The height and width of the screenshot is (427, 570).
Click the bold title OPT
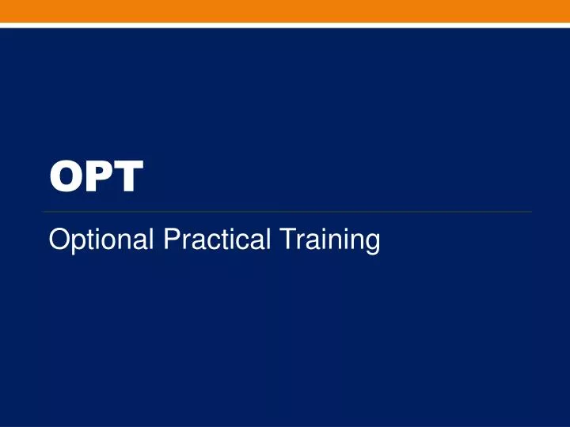96,176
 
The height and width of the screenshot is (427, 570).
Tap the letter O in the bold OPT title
65,176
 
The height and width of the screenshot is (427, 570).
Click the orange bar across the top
285,11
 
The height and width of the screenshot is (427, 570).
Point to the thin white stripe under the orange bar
285,25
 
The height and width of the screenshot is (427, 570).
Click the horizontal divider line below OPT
285,212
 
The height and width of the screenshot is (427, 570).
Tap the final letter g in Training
371,242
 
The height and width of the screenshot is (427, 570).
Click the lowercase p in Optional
77,242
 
